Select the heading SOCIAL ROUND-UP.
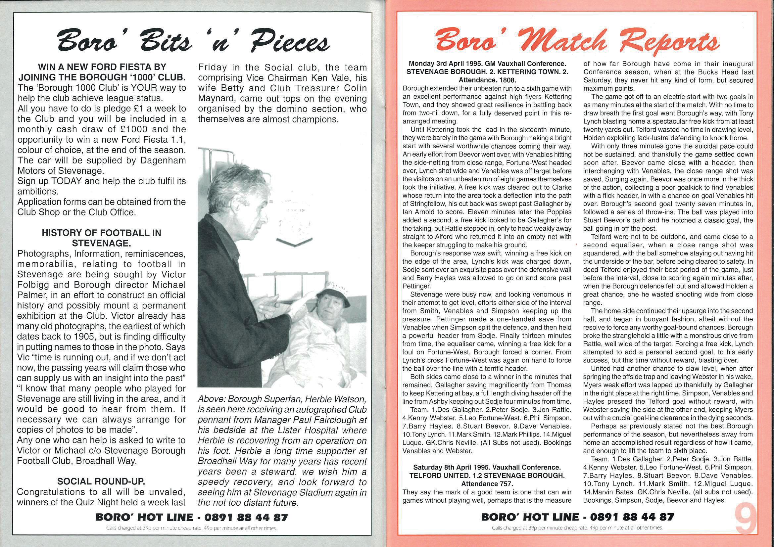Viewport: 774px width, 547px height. (101, 481)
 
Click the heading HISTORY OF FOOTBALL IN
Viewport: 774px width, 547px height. (101, 233)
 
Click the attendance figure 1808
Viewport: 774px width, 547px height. (506, 80)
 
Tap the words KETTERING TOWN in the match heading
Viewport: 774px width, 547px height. (527, 72)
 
